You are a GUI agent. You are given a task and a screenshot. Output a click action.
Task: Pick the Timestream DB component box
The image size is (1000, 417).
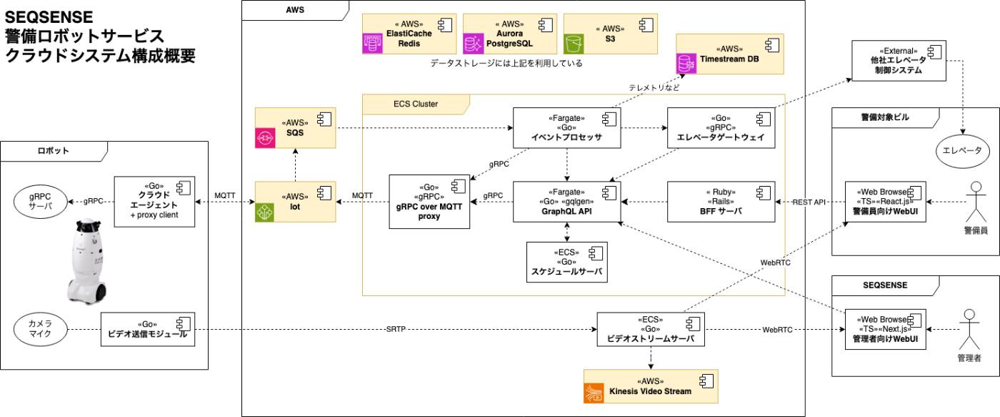[730, 54]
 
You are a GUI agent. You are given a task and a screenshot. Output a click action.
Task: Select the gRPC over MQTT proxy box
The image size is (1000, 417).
[429, 201]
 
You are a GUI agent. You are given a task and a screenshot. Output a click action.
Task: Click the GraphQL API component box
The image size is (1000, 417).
[567, 202]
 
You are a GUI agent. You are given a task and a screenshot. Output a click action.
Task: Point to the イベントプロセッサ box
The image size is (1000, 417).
[567, 128]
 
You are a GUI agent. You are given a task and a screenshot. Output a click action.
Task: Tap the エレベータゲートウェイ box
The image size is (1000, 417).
[721, 128]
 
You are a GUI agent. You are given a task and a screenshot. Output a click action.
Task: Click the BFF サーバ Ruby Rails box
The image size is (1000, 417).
[721, 202]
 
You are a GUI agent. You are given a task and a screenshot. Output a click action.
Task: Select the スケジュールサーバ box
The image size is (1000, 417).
[567, 262]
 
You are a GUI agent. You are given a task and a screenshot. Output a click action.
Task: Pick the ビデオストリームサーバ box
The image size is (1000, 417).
[651, 330]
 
